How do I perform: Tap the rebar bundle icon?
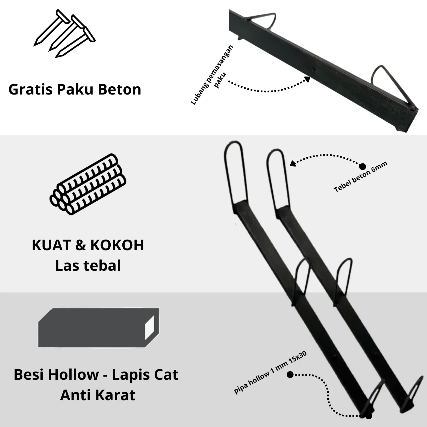click(88, 184)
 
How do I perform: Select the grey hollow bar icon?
click(99, 328)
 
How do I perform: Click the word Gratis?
click(31, 90)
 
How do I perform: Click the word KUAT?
click(51, 245)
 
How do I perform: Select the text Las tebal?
click(88, 266)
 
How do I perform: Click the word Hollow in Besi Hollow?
click(73, 375)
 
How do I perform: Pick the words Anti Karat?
click(98, 395)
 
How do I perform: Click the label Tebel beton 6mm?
click(361, 176)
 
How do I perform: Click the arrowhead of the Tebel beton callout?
click(293, 163)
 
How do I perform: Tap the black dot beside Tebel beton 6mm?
click(363, 166)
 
